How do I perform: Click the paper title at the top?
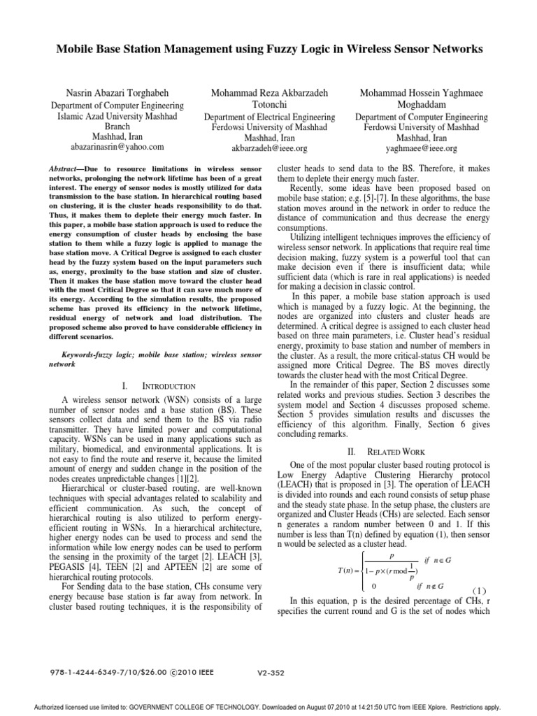point(268,50)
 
